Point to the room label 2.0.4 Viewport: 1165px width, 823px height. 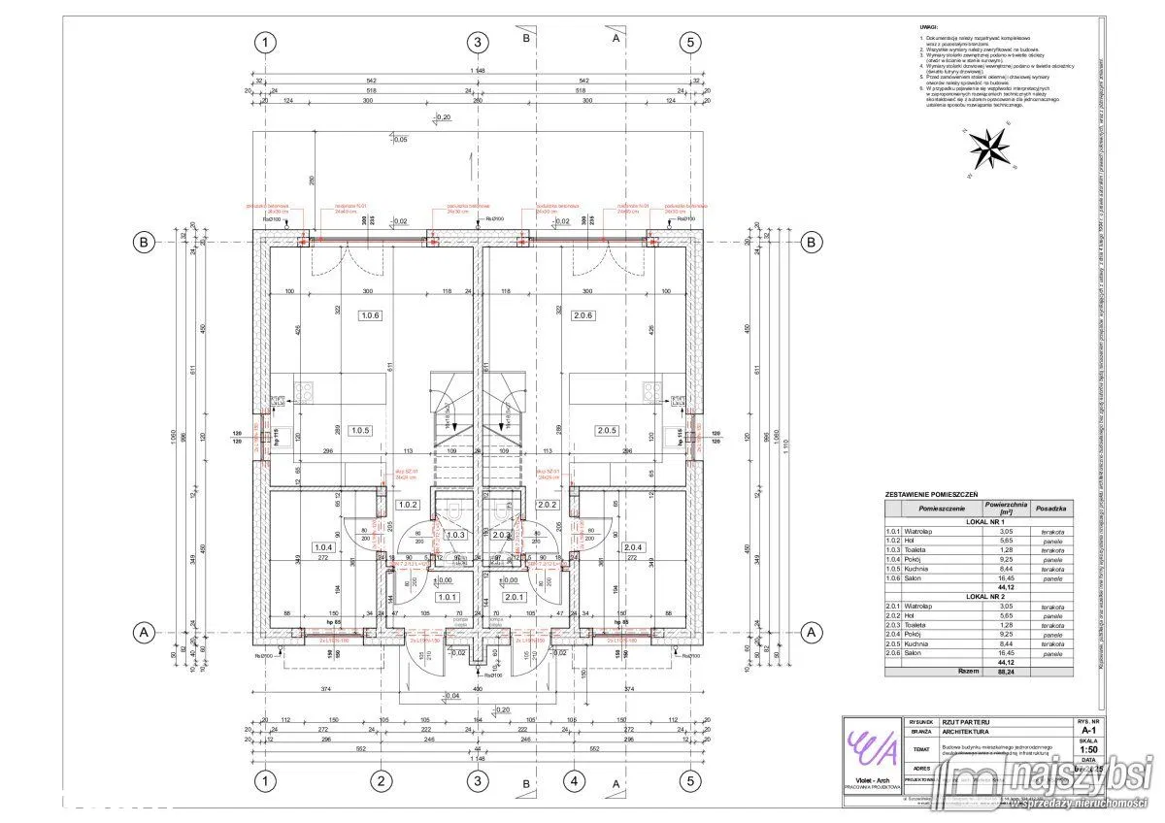coord(635,546)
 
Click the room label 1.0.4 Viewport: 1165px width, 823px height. coord(323,546)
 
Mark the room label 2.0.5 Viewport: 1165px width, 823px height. coord(607,430)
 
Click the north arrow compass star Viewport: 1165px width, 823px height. coord(988,148)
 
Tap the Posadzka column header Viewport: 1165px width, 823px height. coord(1052,508)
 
